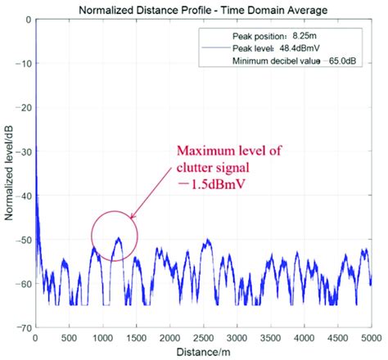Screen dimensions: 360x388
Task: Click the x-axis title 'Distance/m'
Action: click(x=202, y=353)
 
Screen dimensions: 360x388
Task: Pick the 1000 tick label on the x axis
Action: click(x=102, y=338)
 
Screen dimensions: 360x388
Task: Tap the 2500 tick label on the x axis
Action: click(x=203, y=338)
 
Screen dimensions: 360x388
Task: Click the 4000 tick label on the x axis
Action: click(x=305, y=338)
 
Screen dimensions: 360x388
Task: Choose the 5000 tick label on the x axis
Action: click(x=371, y=338)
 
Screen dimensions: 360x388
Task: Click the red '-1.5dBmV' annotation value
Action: click(x=210, y=186)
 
